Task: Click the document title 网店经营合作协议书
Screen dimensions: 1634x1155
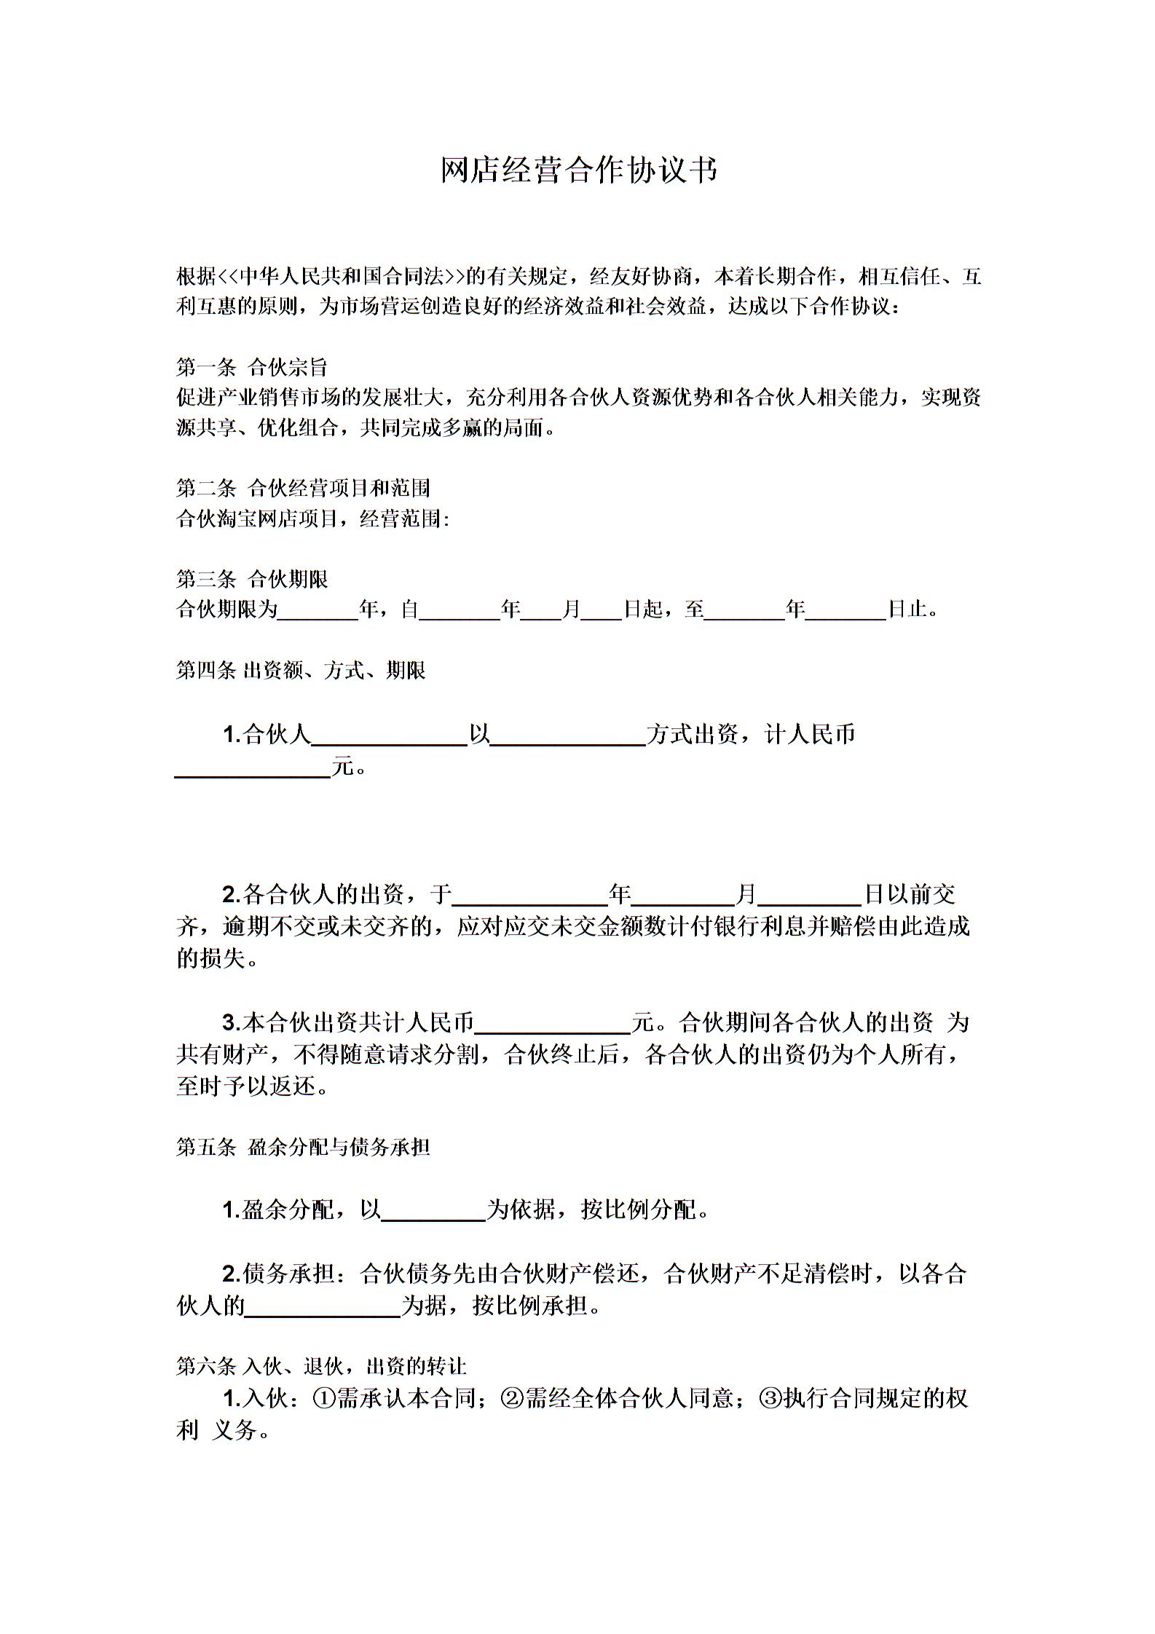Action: pyautogui.click(x=579, y=170)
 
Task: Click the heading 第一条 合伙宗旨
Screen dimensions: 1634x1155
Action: pyautogui.click(x=251, y=366)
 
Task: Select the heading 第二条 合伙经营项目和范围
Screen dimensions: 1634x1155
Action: pyautogui.click(x=303, y=487)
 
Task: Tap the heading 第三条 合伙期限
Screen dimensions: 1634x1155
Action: pyautogui.click(x=251, y=579)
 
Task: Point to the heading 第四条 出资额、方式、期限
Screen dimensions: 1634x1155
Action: pyautogui.click(x=301, y=670)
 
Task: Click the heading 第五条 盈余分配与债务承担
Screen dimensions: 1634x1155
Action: pyautogui.click(x=303, y=1147)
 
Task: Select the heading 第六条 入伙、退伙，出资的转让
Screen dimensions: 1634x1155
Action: pyautogui.click(x=320, y=1366)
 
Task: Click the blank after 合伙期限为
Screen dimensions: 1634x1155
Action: pyautogui.click(x=318, y=610)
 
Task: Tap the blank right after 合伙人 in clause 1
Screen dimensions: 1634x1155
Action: pyautogui.click(x=389, y=735)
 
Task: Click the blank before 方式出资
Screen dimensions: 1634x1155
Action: pyautogui.click(x=568, y=735)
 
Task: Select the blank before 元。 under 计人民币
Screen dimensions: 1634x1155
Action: pyautogui.click(x=253, y=767)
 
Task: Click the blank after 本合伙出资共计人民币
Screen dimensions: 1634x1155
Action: pyautogui.click(x=552, y=1024)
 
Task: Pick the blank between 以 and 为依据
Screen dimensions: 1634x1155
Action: pyautogui.click(x=433, y=1211)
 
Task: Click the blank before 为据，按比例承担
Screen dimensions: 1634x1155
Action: pyautogui.click(x=323, y=1306)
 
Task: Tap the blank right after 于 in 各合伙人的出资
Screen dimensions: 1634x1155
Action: pyautogui.click(x=530, y=895)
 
